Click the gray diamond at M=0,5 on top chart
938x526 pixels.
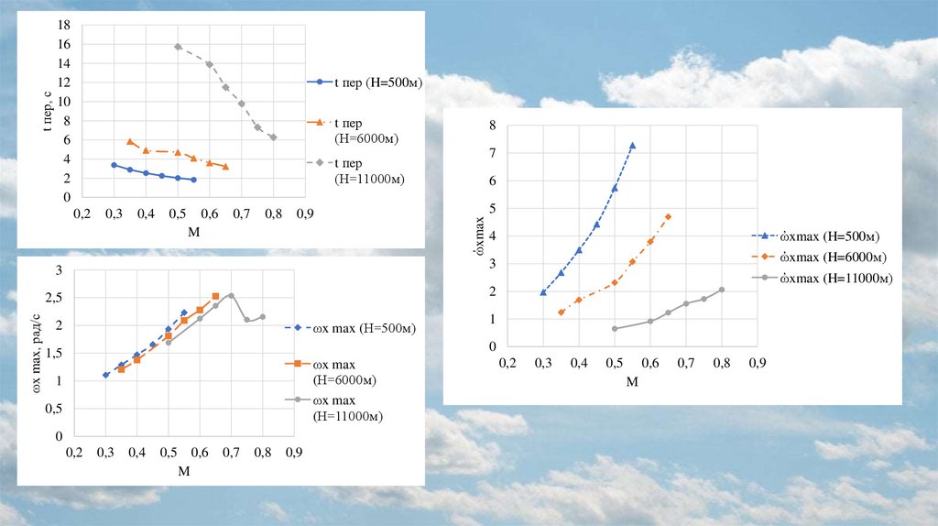(x=178, y=47)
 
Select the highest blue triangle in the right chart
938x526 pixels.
(x=632, y=146)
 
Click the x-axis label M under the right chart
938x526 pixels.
(x=632, y=381)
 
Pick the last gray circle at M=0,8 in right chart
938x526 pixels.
(x=722, y=290)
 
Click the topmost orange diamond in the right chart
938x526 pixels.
(x=668, y=216)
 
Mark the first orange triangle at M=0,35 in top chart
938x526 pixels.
(x=130, y=142)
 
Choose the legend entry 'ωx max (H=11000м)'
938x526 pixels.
(x=347, y=408)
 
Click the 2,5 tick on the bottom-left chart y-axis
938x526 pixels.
(x=54, y=298)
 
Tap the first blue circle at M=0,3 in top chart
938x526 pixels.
(x=114, y=165)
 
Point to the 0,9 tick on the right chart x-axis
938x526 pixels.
(x=757, y=363)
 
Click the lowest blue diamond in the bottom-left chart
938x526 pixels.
(x=106, y=375)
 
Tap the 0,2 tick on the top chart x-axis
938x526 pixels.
(x=82, y=214)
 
